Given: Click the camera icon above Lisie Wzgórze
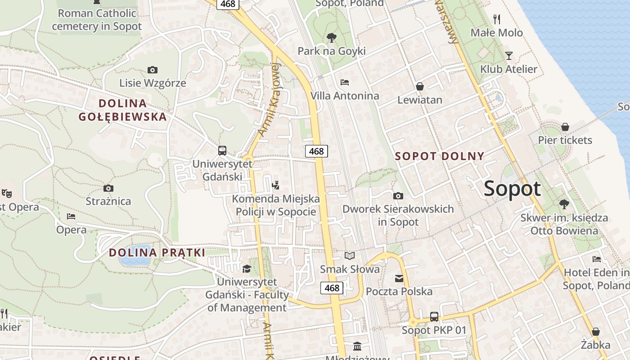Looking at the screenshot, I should click(x=153, y=70).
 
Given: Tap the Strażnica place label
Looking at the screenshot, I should click(x=108, y=201).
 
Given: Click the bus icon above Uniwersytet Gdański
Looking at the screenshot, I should click(x=222, y=150).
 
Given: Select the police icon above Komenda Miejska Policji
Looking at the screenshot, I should click(x=276, y=185).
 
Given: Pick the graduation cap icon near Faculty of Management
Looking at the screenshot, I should click(x=247, y=269).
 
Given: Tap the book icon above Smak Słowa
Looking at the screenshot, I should click(x=350, y=256).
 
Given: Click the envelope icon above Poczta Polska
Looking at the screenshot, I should click(x=399, y=278).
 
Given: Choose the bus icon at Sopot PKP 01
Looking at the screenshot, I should click(x=434, y=316).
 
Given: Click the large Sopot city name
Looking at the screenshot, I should click(x=512, y=189).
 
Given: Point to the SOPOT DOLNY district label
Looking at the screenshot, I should click(x=440, y=156).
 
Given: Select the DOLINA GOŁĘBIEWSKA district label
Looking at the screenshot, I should click(x=122, y=110).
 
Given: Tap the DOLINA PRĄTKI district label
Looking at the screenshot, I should click(x=157, y=252).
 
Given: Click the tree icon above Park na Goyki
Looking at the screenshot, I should click(x=332, y=37).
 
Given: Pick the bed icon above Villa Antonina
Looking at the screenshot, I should click(x=345, y=82).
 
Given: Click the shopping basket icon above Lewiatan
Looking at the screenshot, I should click(x=420, y=86).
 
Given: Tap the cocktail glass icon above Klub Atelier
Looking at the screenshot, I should click(x=509, y=56).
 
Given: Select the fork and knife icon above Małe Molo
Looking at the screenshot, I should click(x=497, y=19).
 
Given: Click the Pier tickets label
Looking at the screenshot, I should click(x=565, y=140).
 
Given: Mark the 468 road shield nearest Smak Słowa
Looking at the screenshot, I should click(x=332, y=288).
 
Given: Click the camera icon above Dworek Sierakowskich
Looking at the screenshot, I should click(x=398, y=196).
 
